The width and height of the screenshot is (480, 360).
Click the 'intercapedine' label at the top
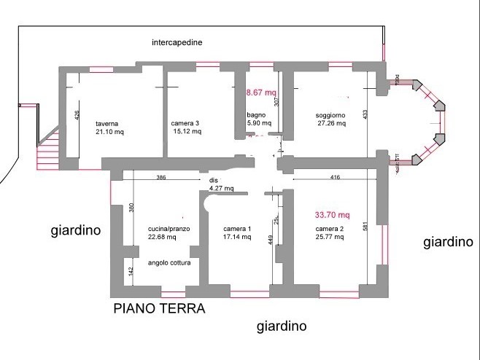click(x=177, y=42)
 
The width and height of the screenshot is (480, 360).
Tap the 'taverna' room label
click(x=107, y=124)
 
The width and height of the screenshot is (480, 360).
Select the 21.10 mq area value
click(x=110, y=133)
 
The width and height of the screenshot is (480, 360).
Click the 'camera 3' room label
click(x=185, y=124)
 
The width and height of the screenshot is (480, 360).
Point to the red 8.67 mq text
click(x=261, y=93)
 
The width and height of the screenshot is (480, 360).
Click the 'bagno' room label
click(x=255, y=115)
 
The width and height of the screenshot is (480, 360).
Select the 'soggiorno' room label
click(x=330, y=116)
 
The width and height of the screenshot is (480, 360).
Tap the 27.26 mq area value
click(x=331, y=124)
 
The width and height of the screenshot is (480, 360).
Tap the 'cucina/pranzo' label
click(x=169, y=229)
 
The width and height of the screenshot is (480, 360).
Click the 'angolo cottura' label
click(x=169, y=263)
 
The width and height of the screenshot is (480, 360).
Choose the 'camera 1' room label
click(x=236, y=230)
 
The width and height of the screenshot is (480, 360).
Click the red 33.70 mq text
click(x=332, y=215)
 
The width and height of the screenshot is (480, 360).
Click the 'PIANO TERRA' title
click(x=160, y=308)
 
